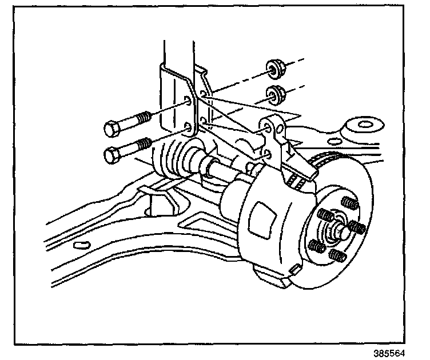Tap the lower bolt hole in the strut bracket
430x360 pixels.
189,127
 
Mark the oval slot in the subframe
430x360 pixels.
82,245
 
